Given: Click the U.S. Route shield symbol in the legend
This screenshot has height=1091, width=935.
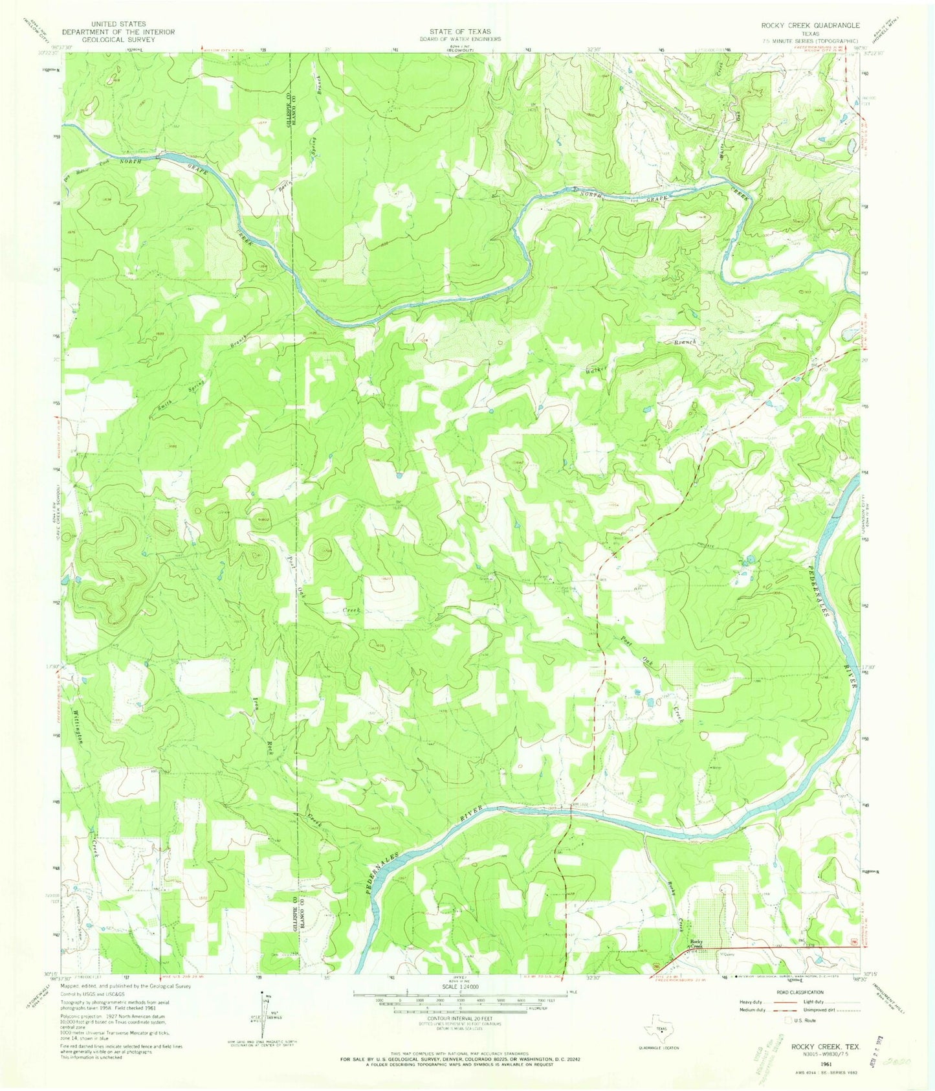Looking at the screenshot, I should [787, 1020].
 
